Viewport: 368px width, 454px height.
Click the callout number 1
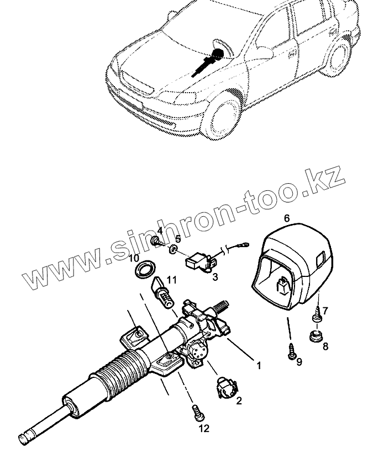coord(257,365)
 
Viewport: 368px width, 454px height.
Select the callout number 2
coord(239,401)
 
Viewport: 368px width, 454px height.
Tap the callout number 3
coord(214,277)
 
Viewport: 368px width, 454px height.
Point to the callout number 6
coord(287,218)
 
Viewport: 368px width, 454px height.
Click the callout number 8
coord(325,346)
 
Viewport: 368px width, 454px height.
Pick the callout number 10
coord(134,258)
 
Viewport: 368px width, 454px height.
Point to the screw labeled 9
coord(291,351)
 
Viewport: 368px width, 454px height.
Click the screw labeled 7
coord(318,317)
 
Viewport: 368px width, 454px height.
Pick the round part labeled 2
coord(225,387)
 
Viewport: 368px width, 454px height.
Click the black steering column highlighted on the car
coord(207,62)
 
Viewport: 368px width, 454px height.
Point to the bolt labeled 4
coord(159,241)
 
